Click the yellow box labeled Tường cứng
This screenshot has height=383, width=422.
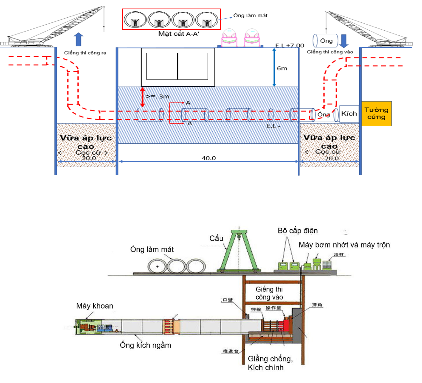coord(376,114)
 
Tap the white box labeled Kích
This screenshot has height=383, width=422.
coord(349,114)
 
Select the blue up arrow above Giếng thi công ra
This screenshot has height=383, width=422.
coord(78,39)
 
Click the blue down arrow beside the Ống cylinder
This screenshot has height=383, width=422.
coord(344,41)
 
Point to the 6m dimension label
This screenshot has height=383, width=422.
coord(282,68)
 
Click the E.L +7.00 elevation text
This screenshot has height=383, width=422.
coord(289,45)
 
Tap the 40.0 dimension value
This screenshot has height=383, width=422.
coord(209,158)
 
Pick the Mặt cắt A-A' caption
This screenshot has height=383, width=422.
coord(179,34)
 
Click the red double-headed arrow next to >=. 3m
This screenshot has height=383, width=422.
coord(143,97)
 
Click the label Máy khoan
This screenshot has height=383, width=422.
coord(94,306)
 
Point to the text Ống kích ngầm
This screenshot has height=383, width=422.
coord(145,345)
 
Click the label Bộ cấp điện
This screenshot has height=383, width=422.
coord(297,231)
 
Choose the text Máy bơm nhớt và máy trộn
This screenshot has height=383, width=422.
coord(344,245)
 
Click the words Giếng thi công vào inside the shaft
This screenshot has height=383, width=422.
coord(269,293)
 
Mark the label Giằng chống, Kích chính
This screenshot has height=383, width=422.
coord(270,363)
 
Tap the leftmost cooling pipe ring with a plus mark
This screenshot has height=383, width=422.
coord(157,266)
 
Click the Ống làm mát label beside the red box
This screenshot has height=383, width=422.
coord(250,15)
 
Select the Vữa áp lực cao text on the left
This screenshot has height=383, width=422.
coord(86,142)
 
